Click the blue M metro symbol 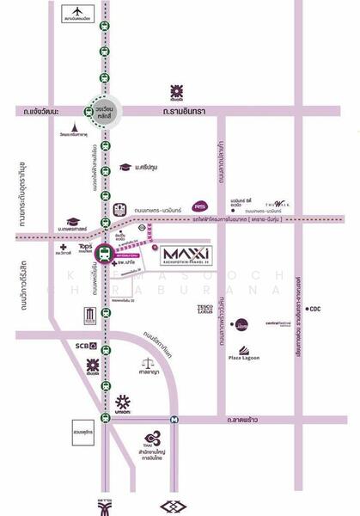174,420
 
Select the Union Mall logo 123,404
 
